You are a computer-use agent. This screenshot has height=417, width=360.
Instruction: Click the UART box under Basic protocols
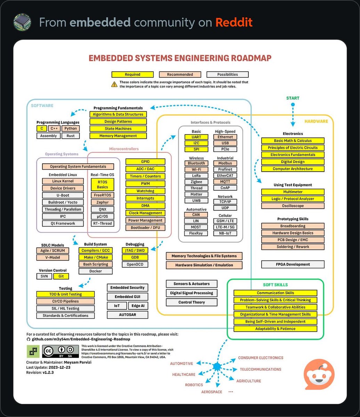pos(196,137)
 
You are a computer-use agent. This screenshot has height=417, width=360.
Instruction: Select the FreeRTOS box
pos(102,195)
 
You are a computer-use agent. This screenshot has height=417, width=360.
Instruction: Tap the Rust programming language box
pos(71,136)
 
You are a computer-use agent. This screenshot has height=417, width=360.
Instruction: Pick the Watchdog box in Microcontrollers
pos(145,191)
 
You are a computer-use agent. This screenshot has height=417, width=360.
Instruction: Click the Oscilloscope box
pos(293,206)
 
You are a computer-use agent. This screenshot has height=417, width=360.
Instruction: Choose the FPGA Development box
pos(293,264)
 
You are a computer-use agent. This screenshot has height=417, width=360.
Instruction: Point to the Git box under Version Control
pos(61,277)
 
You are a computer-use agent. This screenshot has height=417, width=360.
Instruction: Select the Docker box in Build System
pos(96,271)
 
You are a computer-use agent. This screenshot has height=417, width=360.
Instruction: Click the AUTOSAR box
pos(128,315)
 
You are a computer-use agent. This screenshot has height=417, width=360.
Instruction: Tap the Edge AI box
pos(138,306)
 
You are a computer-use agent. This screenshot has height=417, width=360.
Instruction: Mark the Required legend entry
pos(132,74)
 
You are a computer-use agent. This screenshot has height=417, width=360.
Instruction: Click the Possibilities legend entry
pos(228,74)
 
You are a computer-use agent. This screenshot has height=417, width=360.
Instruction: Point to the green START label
pos(293,98)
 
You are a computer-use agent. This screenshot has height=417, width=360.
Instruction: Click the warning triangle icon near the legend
pos(114,84)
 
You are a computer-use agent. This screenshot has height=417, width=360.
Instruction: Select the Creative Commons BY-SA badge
pos(60,352)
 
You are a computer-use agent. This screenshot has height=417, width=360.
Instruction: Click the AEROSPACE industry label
pos(212,392)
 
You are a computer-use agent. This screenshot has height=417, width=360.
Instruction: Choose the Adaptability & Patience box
pos(275,329)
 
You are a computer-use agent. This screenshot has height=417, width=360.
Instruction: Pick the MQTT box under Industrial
pos(225,182)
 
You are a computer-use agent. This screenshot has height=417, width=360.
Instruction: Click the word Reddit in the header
pos(234,23)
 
